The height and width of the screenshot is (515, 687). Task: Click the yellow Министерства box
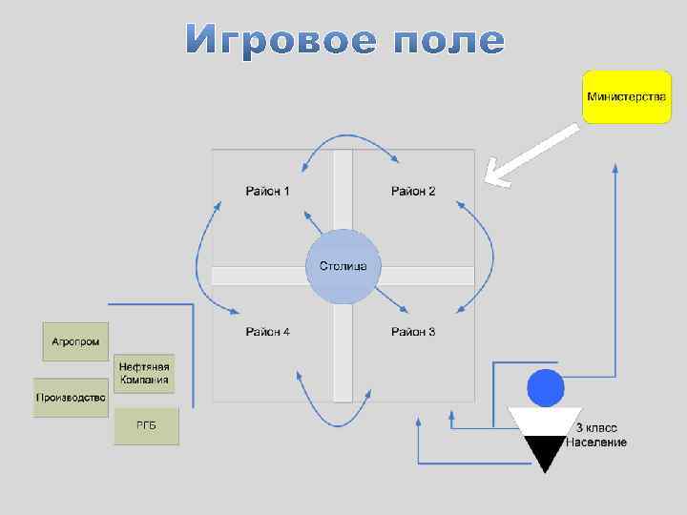(x=627, y=96)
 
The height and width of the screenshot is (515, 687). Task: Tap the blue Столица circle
(x=343, y=266)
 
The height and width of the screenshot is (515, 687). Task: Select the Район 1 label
(x=268, y=192)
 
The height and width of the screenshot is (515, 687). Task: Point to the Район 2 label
(x=413, y=192)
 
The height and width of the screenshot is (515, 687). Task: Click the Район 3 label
(x=413, y=332)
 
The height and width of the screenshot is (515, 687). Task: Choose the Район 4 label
(x=268, y=332)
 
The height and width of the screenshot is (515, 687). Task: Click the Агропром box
(x=75, y=341)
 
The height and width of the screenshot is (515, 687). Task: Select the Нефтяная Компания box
(x=145, y=373)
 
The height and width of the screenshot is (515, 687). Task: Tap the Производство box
(x=71, y=398)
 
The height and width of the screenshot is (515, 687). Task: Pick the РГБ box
(x=146, y=426)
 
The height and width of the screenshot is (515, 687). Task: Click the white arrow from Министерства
(x=530, y=154)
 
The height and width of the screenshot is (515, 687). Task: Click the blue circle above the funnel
(x=547, y=387)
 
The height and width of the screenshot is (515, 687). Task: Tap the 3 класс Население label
(x=596, y=436)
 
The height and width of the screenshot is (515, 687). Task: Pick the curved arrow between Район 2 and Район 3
(x=490, y=253)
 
